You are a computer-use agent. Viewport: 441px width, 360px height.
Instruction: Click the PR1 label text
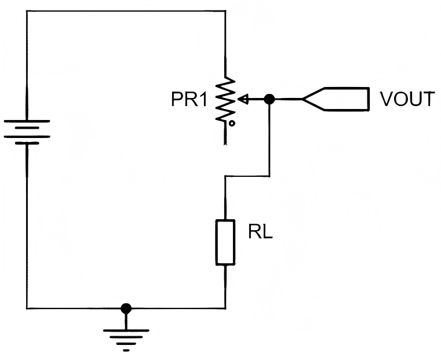coord(189,99)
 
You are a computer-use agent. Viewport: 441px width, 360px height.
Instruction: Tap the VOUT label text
coord(407,99)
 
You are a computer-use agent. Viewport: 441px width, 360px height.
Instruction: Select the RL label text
coord(260,232)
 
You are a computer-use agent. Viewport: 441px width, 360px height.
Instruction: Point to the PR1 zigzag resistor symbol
coord(225,99)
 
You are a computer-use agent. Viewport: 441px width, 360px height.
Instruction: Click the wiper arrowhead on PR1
coord(243,99)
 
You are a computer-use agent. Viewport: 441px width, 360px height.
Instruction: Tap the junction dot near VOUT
coord(269,99)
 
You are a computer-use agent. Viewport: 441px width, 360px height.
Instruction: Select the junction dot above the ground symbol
coord(126,308)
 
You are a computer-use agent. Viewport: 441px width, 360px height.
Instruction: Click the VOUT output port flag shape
coord(336,99)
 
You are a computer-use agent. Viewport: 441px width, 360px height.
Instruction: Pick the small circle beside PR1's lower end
coord(232,123)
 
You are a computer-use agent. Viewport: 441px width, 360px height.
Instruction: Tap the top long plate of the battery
coord(27,121)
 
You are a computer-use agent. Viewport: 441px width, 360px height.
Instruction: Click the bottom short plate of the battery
coord(27,143)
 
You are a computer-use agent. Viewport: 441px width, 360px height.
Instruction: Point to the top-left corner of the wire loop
coord(27,11)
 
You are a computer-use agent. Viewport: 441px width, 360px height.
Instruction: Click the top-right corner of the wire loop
coord(225,11)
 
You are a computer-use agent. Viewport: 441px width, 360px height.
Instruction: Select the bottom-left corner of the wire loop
coord(27,308)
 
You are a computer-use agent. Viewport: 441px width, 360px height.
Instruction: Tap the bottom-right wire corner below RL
coord(225,308)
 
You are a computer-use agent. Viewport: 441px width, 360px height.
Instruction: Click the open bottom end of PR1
coord(225,144)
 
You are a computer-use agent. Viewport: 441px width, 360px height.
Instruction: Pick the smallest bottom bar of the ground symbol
coord(126,350)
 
